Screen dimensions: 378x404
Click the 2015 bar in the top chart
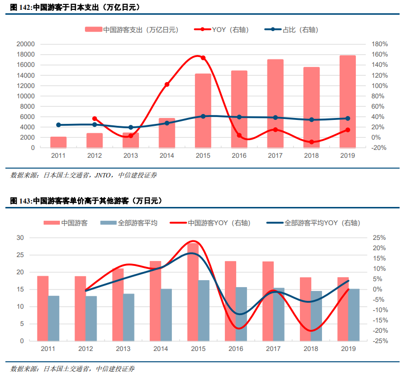click(x=203, y=111)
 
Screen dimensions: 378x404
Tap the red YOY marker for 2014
click(x=167, y=85)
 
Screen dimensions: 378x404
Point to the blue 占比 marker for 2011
click(x=58, y=125)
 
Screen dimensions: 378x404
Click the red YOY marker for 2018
click(x=311, y=142)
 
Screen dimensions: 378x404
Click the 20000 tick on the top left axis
click(x=26, y=44)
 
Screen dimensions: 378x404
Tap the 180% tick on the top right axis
click(x=379, y=44)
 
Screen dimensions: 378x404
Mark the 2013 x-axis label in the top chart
click(x=131, y=155)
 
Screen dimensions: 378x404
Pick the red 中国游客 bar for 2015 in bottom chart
click(x=193, y=291)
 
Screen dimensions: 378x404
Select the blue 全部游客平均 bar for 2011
click(x=54, y=318)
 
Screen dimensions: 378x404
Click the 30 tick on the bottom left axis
click(x=20, y=237)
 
